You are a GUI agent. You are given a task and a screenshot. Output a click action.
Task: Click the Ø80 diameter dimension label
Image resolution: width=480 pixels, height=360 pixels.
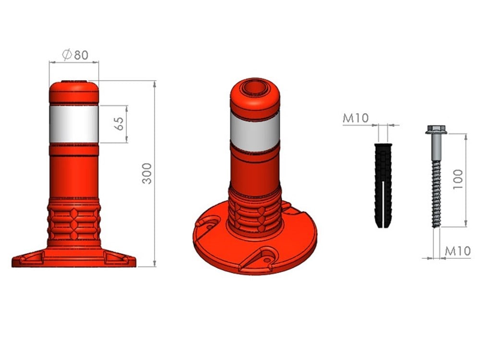click(75, 55)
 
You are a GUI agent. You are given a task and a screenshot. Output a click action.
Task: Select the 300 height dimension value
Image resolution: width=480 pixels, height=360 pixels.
click(147, 173)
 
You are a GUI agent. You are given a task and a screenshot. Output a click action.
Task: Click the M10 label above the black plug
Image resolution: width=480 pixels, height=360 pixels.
click(356, 118)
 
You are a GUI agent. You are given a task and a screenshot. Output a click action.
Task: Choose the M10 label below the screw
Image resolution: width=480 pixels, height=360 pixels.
click(457, 251)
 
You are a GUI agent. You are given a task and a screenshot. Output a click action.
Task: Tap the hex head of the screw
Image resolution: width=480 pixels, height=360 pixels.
click(436, 130)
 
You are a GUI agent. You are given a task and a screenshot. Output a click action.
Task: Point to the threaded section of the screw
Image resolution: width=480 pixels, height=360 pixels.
click(436, 194)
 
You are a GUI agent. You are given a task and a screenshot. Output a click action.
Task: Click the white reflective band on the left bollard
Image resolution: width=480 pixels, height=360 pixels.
click(74, 124)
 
